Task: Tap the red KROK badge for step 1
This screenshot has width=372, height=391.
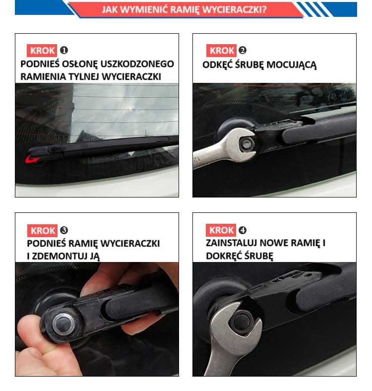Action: tap(42, 51)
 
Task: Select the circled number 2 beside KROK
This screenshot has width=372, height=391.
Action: tap(243, 51)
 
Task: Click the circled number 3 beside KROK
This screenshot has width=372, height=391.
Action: tap(64, 230)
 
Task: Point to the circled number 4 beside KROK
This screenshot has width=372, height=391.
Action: tap(243, 230)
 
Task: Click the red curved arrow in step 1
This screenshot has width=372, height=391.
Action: tap(32, 159)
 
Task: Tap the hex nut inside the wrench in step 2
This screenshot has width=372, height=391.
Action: tap(247, 144)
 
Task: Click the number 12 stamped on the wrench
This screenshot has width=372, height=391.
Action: tap(197, 159)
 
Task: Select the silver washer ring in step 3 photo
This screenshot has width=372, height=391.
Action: tap(63, 324)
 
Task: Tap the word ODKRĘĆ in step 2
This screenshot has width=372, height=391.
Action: tap(217, 65)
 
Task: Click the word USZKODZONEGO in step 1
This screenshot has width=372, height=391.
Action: tap(137, 64)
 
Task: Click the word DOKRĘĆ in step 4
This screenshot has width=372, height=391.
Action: tap(221, 256)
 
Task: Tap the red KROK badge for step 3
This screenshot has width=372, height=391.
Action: tap(42, 230)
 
